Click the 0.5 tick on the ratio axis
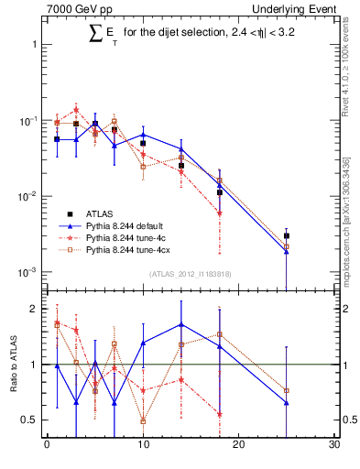tap(29, 420)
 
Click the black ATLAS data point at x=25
tap(287, 235)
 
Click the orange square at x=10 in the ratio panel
tap(143, 421)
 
